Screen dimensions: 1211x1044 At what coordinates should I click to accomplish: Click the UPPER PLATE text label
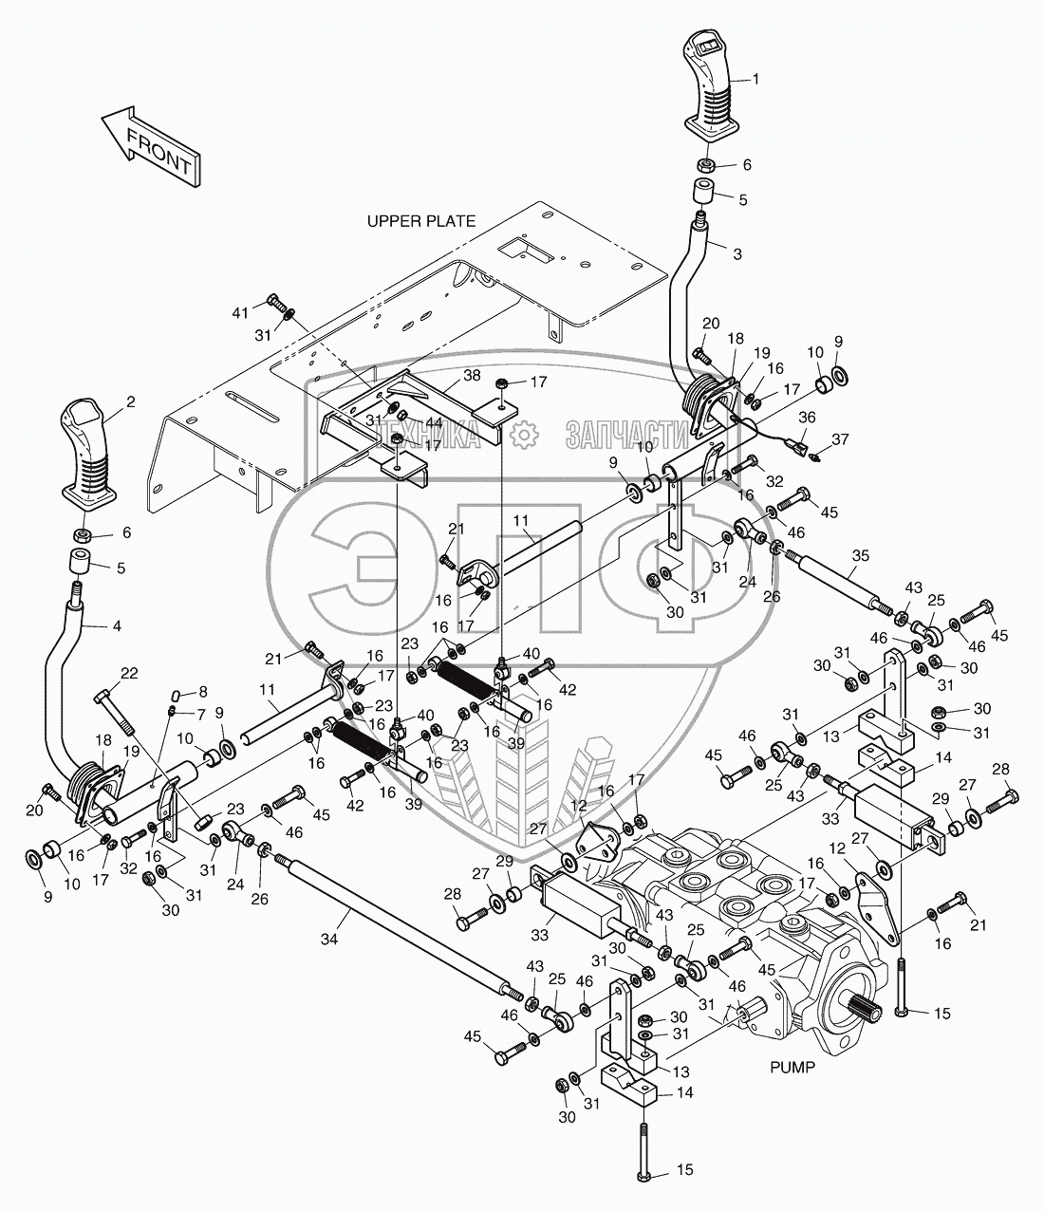tap(421, 221)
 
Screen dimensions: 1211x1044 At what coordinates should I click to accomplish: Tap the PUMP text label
tap(792, 1067)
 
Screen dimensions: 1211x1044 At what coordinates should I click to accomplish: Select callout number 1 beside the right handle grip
tap(756, 80)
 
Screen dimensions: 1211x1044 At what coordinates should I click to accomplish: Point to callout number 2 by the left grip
tap(130, 402)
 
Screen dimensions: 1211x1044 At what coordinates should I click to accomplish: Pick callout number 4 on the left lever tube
tap(117, 626)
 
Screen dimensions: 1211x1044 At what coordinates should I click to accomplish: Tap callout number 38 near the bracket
tap(471, 375)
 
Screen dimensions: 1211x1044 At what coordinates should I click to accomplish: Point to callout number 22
tap(129, 673)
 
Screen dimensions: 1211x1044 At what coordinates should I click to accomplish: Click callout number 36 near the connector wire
tap(807, 416)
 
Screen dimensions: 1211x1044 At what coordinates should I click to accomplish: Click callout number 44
tap(433, 421)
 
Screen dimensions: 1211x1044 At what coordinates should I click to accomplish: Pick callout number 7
tap(200, 712)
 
